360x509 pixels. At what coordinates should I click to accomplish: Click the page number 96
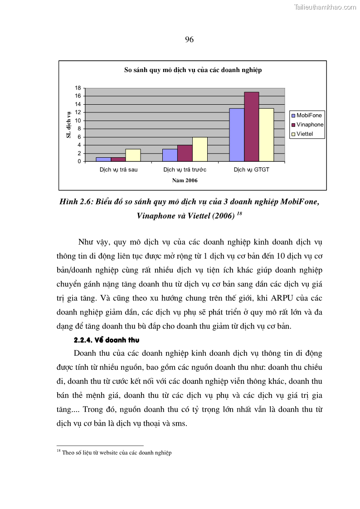coord(189,40)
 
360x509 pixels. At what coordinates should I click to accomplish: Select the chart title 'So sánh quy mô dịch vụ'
coord(193,70)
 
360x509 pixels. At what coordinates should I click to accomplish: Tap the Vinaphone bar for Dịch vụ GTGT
coord(252,126)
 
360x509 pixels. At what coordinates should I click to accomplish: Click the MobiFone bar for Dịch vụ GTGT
coord(237,135)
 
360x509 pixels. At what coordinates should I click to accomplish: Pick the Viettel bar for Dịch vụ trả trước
coord(200,149)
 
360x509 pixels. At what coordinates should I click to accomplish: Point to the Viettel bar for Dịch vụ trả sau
coord(133,155)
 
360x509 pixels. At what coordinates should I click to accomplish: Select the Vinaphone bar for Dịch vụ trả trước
coord(185,153)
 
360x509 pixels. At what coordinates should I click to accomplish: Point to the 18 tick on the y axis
coord(78,88)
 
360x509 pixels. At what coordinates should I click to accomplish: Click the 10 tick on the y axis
coord(78,121)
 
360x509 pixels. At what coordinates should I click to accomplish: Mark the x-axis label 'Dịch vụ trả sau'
coord(118,170)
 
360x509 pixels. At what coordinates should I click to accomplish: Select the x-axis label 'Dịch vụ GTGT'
coord(251,170)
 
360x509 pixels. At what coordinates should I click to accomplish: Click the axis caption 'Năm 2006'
coord(185,180)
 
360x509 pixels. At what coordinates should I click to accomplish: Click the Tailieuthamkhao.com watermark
coord(325,7)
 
